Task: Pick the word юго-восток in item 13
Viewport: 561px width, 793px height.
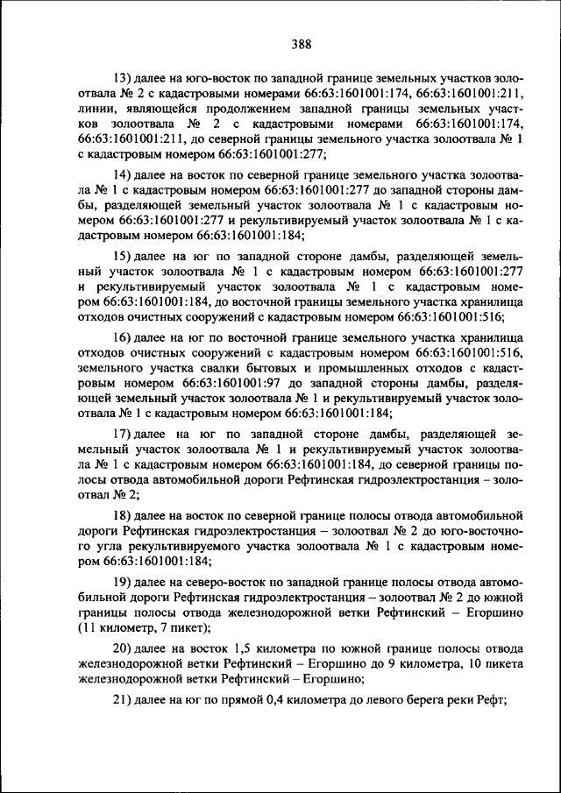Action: pyautogui.click(x=204, y=78)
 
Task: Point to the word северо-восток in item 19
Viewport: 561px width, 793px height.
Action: pyautogui.click(x=221, y=583)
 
